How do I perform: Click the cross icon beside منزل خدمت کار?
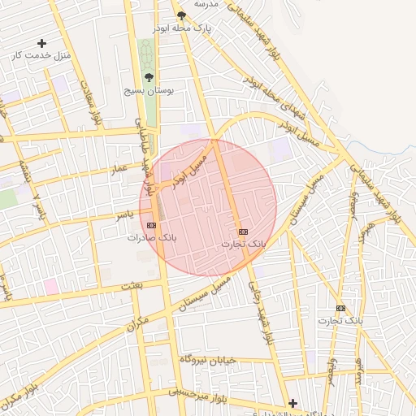pyautogui.click(x=42, y=43)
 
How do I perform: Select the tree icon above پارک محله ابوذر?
pyautogui.click(x=181, y=16)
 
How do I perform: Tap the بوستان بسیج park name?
pyautogui.click(x=145, y=91)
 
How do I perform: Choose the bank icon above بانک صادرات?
pyautogui.click(x=151, y=225)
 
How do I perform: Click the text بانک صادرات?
pyautogui.click(x=151, y=238)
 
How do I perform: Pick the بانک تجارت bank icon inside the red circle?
pyautogui.click(x=243, y=232)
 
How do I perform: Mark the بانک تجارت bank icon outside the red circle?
pyautogui.click(x=340, y=308)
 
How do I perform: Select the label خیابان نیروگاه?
pyautogui.click(x=212, y=359)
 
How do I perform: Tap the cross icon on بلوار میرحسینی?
pyautogui.click(x=292, y=402)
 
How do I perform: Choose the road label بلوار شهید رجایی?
pyautogui.click(x=258, y=310)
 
